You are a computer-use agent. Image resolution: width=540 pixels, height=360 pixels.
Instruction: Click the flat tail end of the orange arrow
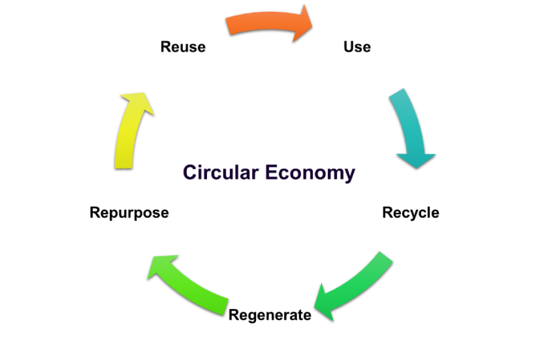[229, 26]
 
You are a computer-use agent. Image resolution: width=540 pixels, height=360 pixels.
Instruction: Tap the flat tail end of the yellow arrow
[123, 165]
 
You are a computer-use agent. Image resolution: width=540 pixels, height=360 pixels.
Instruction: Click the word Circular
[221, 172]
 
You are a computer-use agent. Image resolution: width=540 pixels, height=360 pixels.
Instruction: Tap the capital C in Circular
[190, 172]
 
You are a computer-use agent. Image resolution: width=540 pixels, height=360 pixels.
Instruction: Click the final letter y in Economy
[349, 174]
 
